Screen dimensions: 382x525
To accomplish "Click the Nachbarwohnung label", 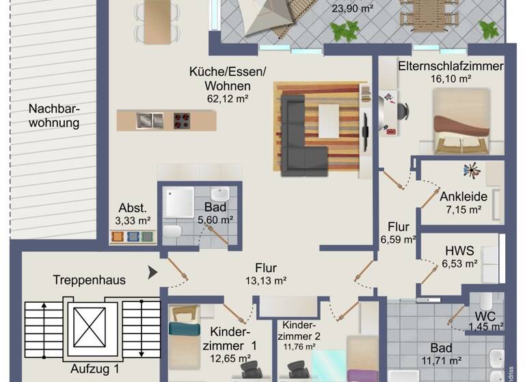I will point(54,115).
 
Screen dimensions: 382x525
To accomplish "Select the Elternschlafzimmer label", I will point(450,66).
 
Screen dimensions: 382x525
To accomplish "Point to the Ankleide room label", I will point(463,196).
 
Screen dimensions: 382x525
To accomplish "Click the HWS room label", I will point(459,250).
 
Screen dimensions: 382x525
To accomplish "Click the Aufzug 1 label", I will point(95,369).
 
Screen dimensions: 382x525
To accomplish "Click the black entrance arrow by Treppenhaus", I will point(153,273).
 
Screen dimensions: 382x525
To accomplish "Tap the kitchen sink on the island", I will point(149,121).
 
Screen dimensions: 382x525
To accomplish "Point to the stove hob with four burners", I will point(182,121).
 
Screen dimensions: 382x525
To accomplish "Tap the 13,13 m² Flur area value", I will point(266,280).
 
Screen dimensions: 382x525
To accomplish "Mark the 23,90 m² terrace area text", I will point(352,9).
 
